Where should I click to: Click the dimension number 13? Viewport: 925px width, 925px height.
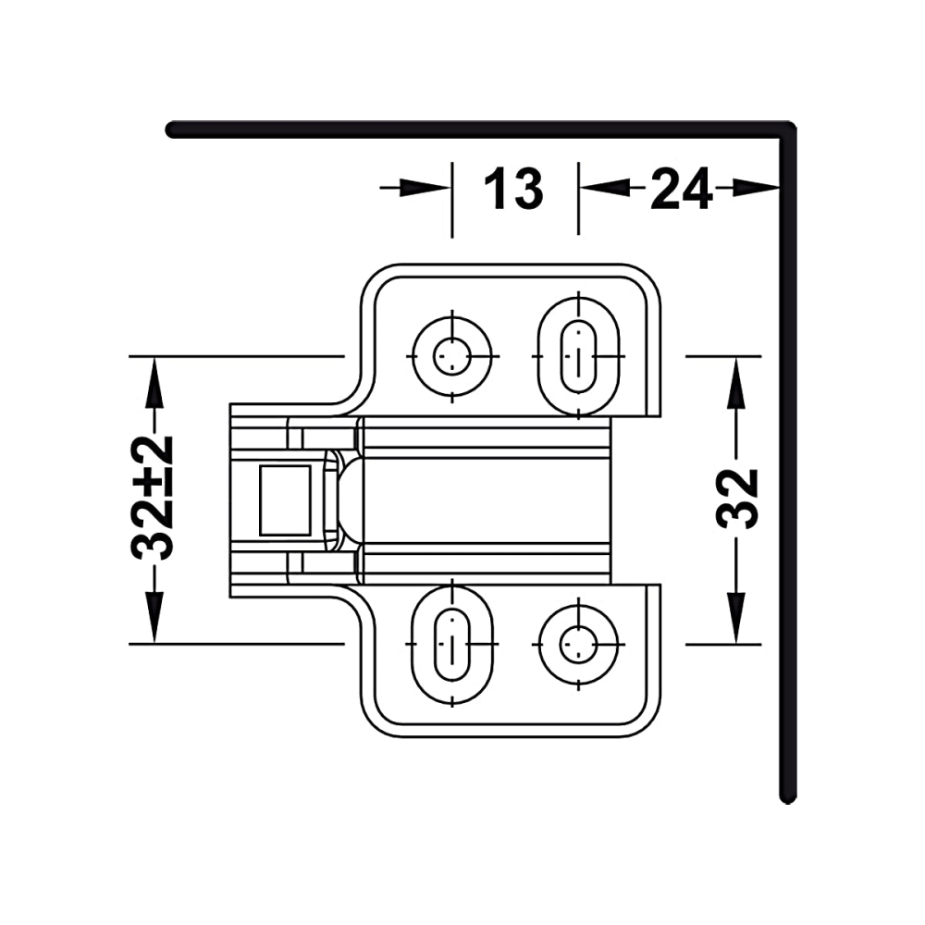[x=513, y=188]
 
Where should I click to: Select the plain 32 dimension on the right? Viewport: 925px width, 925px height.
[x=736, y=499]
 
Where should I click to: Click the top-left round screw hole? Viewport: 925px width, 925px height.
[x=452, y=356]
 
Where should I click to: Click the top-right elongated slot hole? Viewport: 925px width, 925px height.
[x=579, y=356]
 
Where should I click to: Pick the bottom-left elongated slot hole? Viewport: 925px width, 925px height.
[x=452, y=643]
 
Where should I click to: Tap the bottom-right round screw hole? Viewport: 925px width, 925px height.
[x=579, y=643]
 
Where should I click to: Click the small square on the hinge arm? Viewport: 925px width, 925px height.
[x=286, y=499]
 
